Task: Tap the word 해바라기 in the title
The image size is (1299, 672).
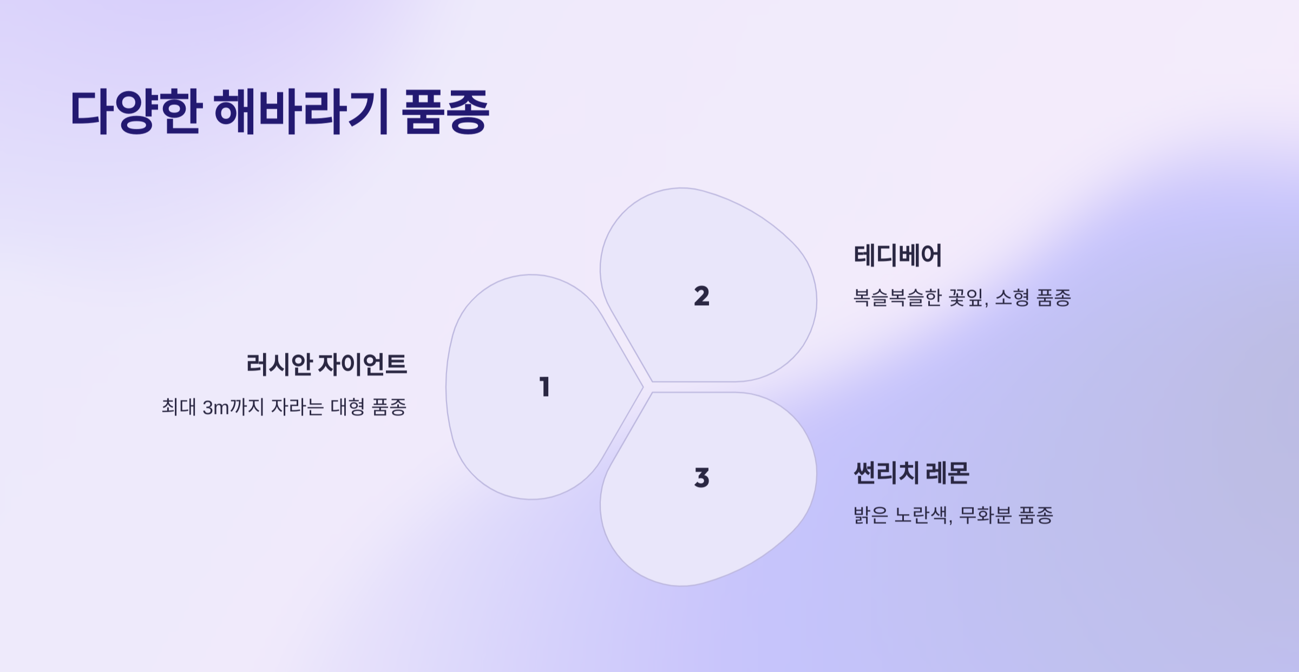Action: [x=301, y=112]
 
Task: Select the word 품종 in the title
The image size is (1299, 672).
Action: [x=445, y=112]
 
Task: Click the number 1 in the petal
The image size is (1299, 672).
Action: [x=545, y=387]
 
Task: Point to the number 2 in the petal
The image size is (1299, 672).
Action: [x=701, y=296]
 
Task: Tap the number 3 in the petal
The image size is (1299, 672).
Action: [x=701, y=478]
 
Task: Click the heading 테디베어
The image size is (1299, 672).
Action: [x=898, y=255]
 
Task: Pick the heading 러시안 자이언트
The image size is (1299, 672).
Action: [x=326, y=365]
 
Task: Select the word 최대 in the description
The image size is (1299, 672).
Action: [x=179, y=407]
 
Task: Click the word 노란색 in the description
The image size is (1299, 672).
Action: [x=923, y=515]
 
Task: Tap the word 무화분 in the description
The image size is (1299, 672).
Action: [x=985, y=515]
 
